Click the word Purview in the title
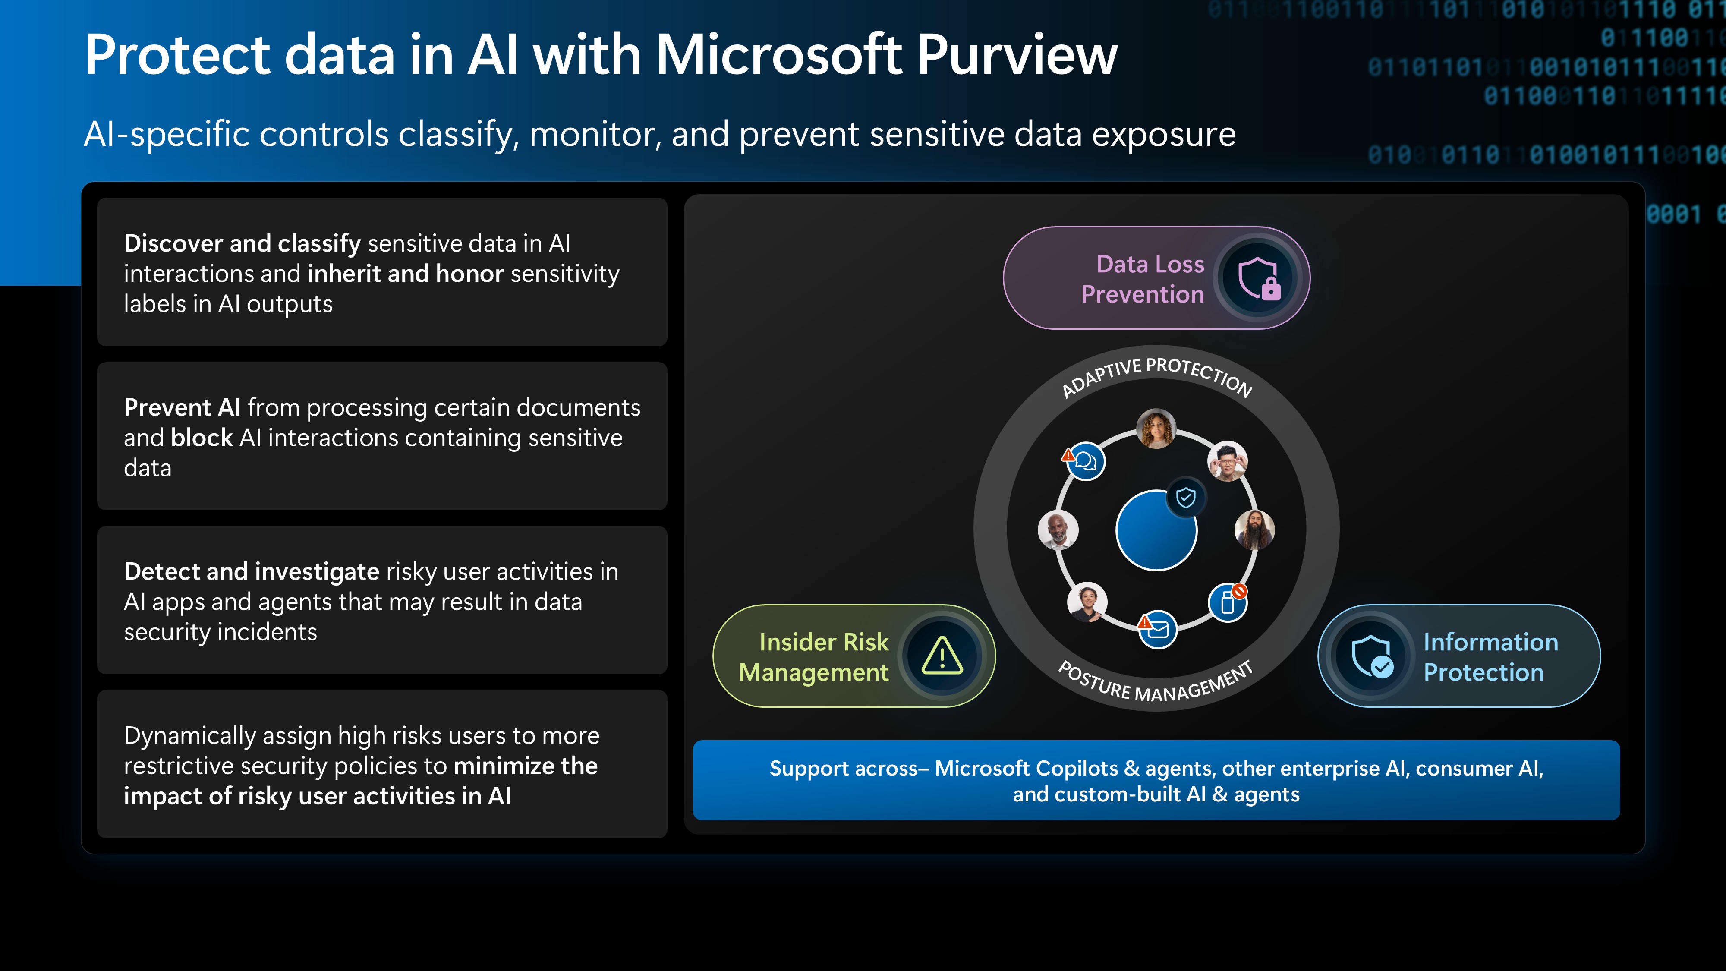click(1017, 55)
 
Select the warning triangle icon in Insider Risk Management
click(942, 656)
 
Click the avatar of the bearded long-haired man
click(1254, 530)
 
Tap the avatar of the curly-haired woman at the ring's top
click(1156, 428)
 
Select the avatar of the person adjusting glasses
click(1227, 461)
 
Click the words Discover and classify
click(242, 243)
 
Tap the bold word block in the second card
click(201, 438)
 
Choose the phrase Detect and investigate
click(251, 572)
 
